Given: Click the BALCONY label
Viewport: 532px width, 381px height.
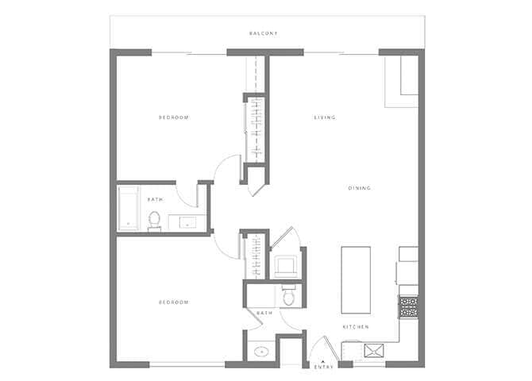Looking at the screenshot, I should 263,33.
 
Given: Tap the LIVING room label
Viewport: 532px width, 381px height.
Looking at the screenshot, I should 324,117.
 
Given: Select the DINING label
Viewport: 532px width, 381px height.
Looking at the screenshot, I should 359,188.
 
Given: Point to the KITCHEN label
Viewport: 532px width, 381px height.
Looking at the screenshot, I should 355,327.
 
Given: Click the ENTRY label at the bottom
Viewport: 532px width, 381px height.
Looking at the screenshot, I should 323,368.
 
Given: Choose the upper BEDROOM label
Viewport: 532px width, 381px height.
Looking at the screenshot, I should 174,117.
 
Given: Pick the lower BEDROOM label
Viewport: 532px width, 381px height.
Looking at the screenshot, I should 174,302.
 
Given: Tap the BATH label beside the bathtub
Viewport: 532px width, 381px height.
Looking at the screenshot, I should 155,199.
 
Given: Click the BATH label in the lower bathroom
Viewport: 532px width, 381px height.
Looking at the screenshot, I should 264,314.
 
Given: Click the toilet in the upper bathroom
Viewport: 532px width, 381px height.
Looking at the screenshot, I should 154,220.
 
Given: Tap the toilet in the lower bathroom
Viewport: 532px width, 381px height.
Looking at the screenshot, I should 289,295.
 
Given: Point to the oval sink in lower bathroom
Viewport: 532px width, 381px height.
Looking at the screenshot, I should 260,351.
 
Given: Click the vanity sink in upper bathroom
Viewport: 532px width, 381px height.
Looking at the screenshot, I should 188,223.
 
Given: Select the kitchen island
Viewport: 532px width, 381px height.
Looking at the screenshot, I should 356,279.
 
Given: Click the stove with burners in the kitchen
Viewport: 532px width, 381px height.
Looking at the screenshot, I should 408,307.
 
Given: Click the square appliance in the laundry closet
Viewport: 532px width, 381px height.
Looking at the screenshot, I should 285,266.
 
